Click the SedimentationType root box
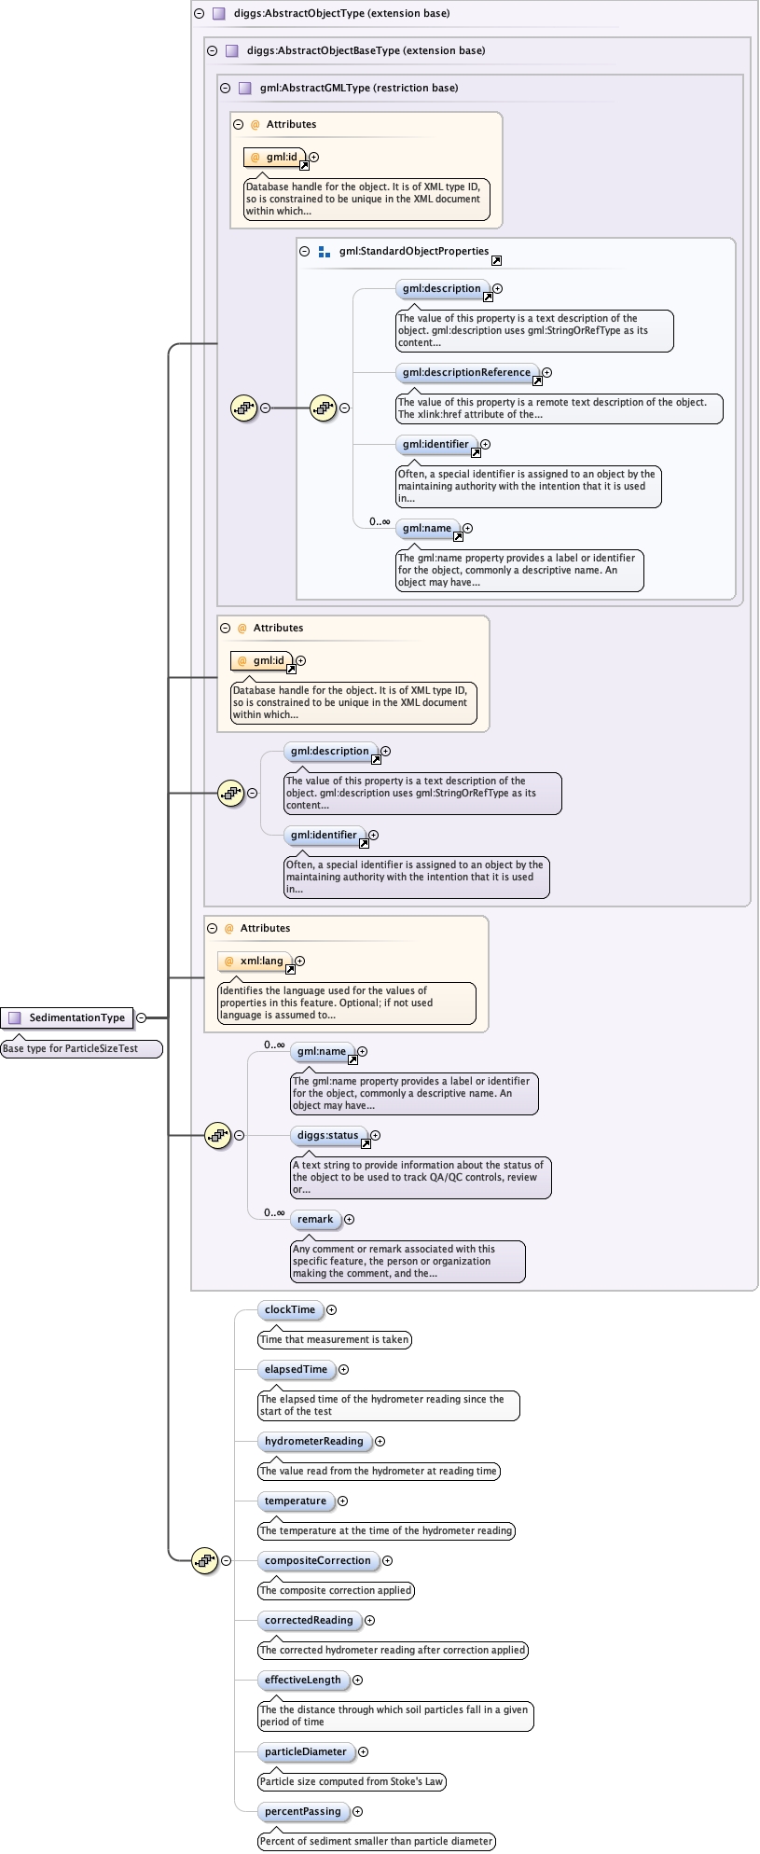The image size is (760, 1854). pyautogui.click(x=67, y=1017)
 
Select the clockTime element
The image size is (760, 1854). pyautogui.click(x=290, y=1309)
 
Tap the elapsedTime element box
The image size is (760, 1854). pyautogui.click(x=296, y=1369)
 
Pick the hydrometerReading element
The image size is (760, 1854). pyautogui.click(x=313, y=1441)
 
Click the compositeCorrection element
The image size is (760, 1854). pyautogui.click(x=317, y=1560)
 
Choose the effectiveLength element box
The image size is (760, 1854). pyautogui.click(x=302, y=1680)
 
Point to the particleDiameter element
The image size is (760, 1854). pyautogui.click(x=305, y=1751)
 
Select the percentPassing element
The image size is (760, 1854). pyautogui.click(x=302, y=1811)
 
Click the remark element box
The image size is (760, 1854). pyautogui.click(x=315, y=1219)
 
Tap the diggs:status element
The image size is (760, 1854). pyautogui.click(x=327, y=1135)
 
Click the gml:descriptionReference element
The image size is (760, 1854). pyautogui.click(x=466, y=372)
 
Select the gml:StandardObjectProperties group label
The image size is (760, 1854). pyautogui.click(x=414, y=251)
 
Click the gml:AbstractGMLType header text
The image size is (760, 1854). pyautogui.click(x=359, y=88)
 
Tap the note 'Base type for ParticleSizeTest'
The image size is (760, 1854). pyautogui.click(x=71, y=1048)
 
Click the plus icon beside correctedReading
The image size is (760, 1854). pyautogui.click(x=370, y=1620)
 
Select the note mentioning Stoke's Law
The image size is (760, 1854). pyautogui.click(x=352, y=1781)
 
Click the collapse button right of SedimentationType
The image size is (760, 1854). pyautogui.click(x=142, y=1017)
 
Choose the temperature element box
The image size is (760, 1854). pyautogui.click(x=295, y=1501)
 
